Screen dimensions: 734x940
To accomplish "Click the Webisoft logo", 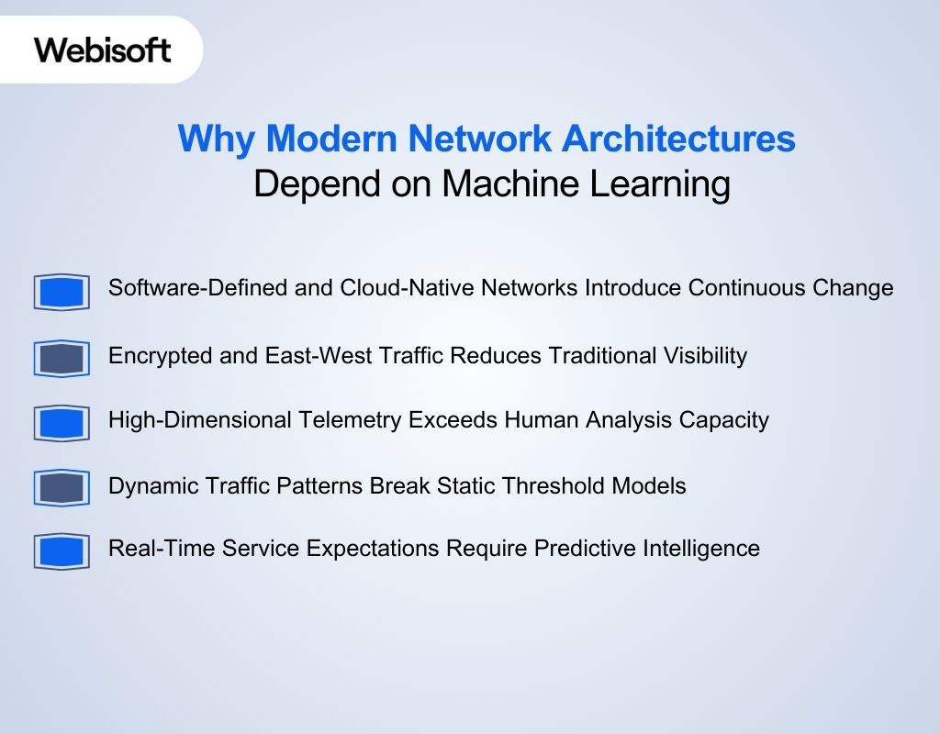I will click(103, 50).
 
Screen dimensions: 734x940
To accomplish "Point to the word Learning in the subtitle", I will click(659, 184).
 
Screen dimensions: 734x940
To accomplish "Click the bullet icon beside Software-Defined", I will click(62, 293).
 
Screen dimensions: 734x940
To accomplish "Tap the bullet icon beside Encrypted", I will click(62, 359).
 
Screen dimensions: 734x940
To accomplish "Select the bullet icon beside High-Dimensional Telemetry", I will click(62, 424).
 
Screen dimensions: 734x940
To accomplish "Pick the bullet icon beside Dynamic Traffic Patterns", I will click(62, 488).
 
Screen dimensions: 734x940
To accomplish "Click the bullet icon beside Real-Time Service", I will click(62, 552).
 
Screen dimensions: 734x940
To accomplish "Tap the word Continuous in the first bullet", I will click(746, 288).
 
